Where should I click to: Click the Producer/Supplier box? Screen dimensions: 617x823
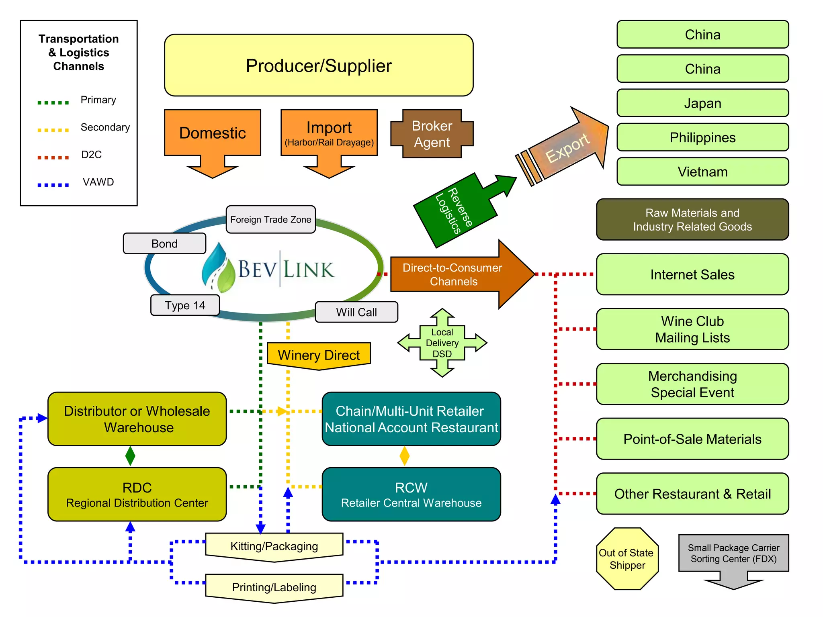318,65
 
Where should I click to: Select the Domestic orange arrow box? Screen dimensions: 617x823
212,133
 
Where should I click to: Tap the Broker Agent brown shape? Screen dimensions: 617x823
432,134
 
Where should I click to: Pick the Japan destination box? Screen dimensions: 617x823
702,103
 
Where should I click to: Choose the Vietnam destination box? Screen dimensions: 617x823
702,172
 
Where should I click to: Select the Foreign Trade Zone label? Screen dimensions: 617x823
270,219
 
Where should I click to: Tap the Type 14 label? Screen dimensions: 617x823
185,305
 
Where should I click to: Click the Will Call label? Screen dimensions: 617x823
356,312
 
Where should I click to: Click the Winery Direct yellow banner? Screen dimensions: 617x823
318,355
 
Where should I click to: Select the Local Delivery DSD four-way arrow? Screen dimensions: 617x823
442,343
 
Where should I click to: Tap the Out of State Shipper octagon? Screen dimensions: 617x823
626,559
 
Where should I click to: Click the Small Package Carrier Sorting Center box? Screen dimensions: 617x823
733,554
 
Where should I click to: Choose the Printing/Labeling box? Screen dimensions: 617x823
274,587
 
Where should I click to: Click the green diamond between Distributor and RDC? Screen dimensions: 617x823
130,456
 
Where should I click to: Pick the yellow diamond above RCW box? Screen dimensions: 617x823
404,456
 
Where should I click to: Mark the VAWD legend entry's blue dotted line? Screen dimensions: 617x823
53,185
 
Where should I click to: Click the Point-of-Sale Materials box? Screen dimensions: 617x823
692,439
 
